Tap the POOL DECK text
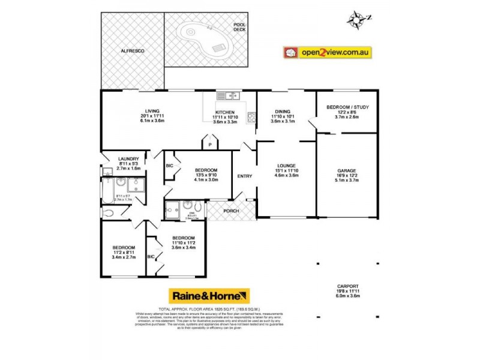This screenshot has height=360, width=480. pos(239,26)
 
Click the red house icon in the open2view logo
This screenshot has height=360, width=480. pos(292,53)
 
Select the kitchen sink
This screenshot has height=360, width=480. pos(228,95)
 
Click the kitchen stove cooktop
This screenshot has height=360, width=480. pos(251,118)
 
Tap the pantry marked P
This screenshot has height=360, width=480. pos(209,145)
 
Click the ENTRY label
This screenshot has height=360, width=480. pos(245,176)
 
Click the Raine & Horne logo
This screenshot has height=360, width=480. pos(208,296)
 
